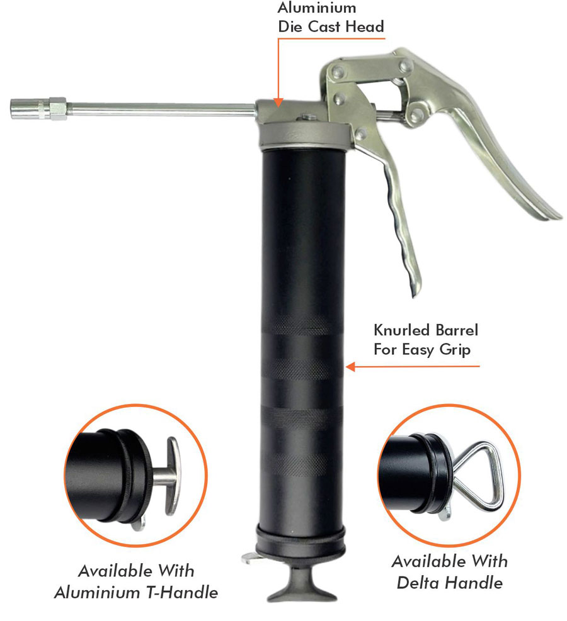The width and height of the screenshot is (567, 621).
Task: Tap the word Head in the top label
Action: pos(364,26)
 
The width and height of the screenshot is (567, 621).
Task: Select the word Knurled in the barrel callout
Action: pos(402,330)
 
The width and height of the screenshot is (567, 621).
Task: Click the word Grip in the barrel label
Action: pos(455,350)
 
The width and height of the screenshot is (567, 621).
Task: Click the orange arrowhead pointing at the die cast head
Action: pos(278,103)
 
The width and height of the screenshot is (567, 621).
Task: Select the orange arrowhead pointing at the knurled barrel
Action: pos(350,367)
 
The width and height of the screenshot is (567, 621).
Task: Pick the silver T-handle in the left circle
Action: pos(173,476)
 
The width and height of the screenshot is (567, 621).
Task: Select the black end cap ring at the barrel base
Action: pos(300,540)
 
